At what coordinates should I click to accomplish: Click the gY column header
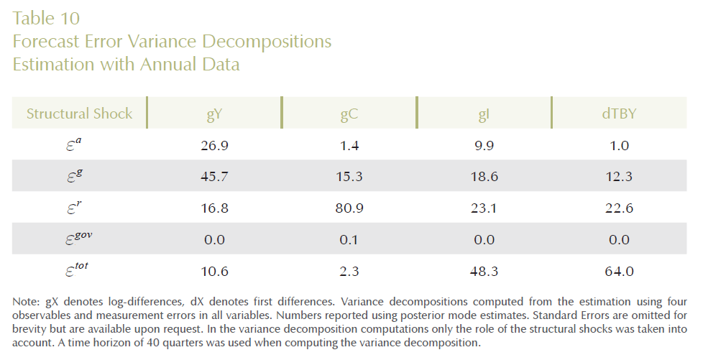[x=215, y=114]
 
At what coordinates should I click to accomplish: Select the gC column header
[x=349, y=114]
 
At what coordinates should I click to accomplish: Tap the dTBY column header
[x=618, y=114]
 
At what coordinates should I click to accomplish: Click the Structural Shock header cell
[x=80, y=114]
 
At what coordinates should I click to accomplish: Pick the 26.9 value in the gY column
[x=215, y=146]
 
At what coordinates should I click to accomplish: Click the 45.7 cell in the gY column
[x=215, y=177]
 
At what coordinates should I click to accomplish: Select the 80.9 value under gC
[x=349, y=208]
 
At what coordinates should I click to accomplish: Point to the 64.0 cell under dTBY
[x=618, y=271]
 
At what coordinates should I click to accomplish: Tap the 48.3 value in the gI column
[x=484, y=271]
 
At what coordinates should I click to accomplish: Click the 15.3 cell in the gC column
[x=349, y=177]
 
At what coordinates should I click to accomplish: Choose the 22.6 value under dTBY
[x=618, y=208]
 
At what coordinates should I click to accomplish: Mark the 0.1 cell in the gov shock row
[x=349, y=239]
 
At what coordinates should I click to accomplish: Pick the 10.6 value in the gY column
[x=215, y=271]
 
